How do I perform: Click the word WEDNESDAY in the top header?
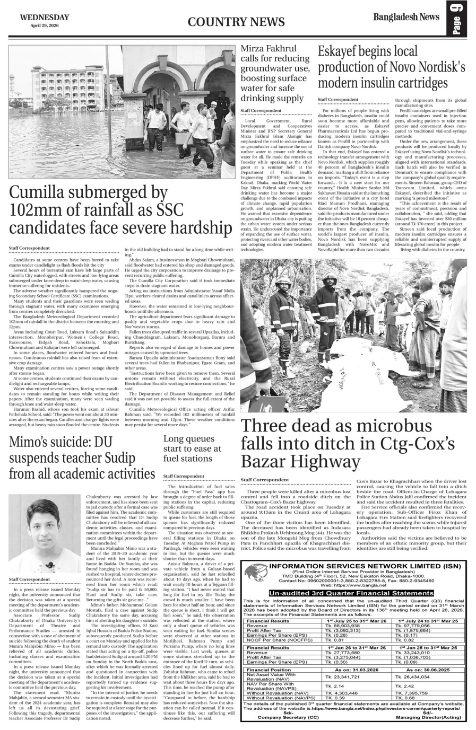point(45,17)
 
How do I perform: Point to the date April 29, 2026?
point(45,25)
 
